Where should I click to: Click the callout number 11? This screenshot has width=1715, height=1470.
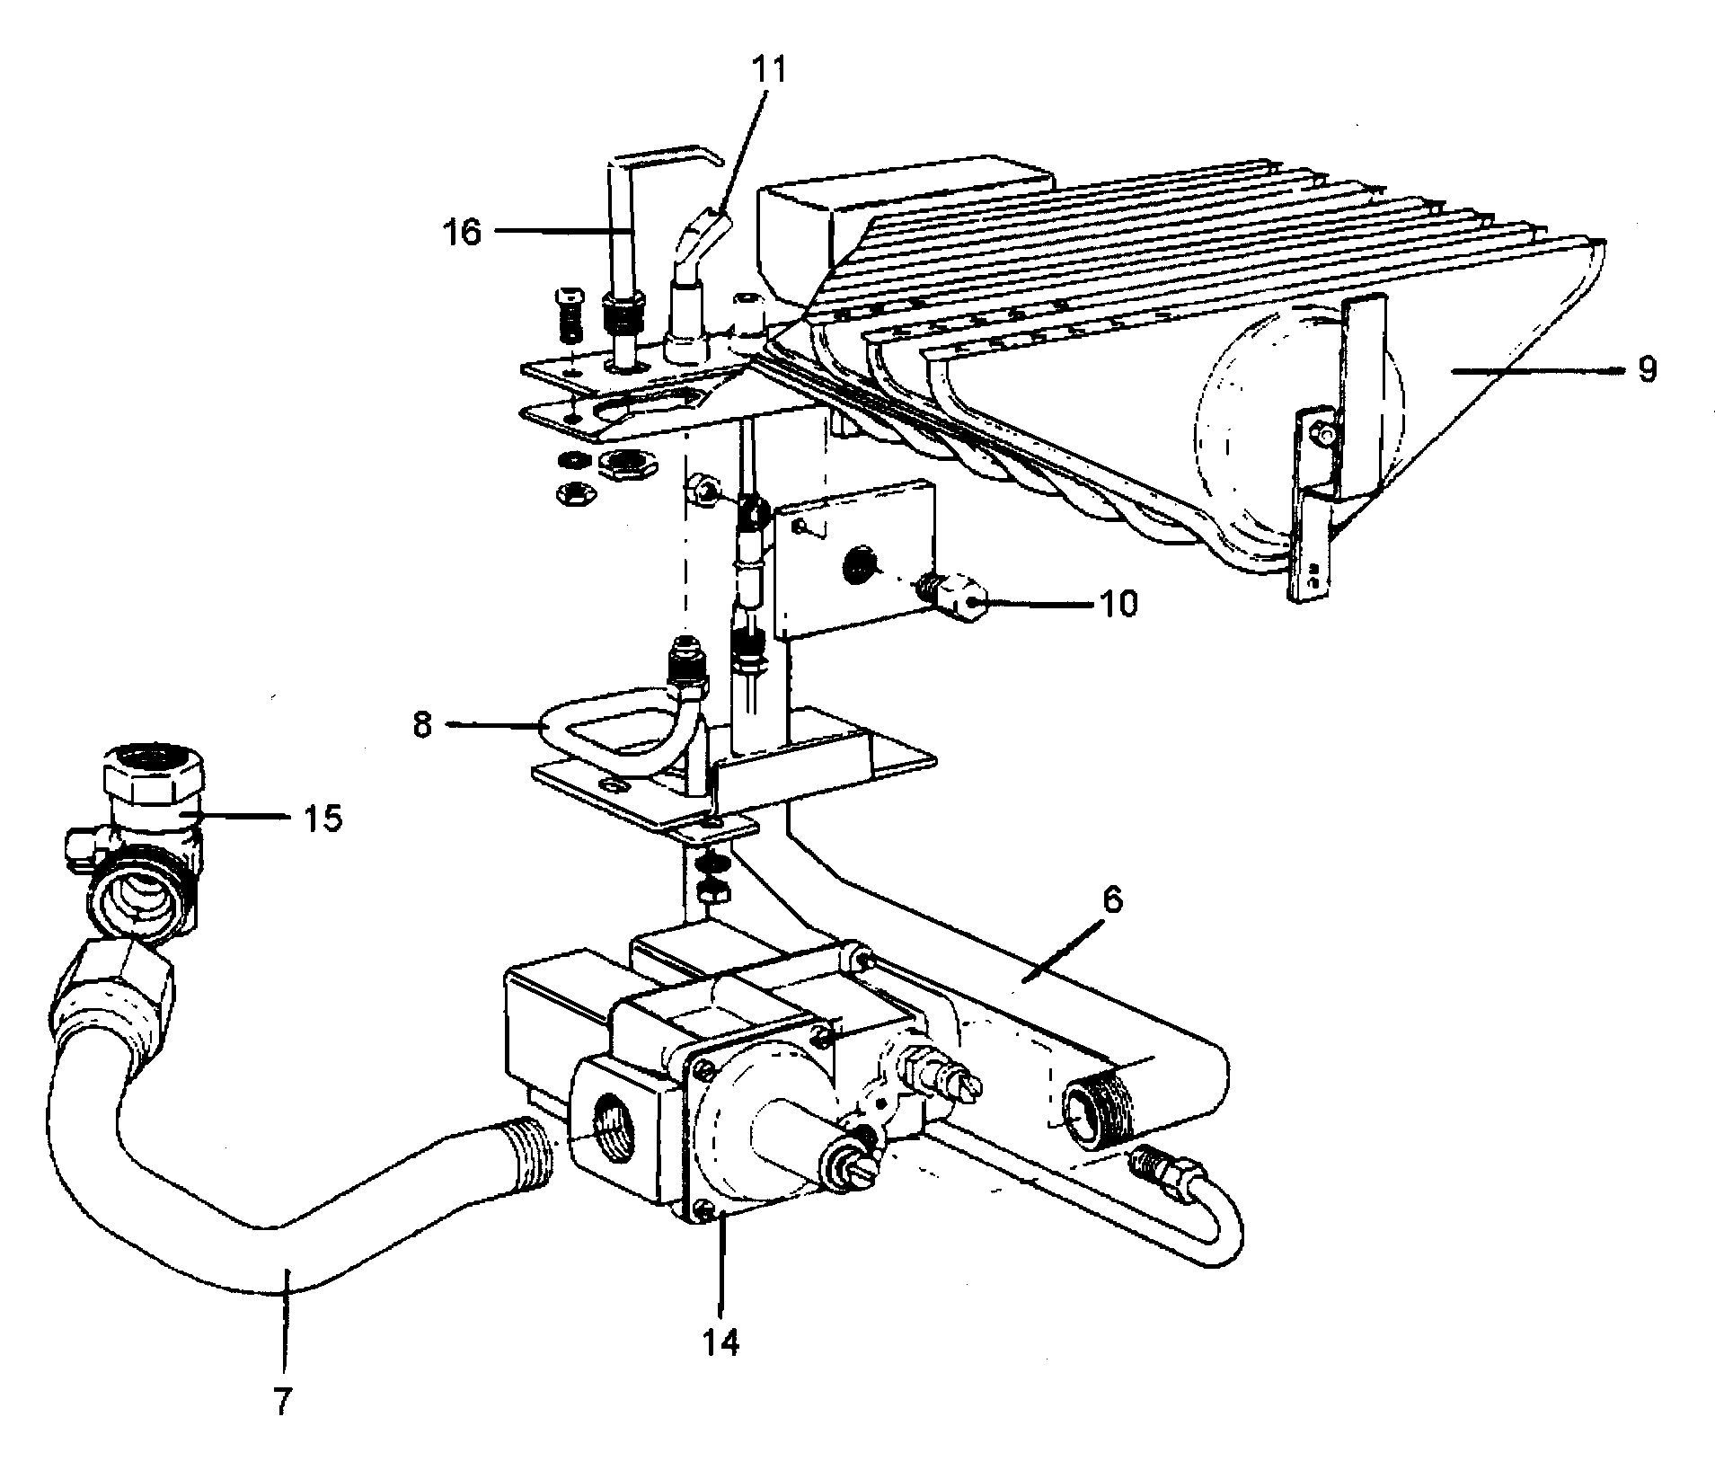(768, 70)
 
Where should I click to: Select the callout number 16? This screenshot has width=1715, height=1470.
(462, 232)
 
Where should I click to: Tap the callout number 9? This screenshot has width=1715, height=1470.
(1646, 369)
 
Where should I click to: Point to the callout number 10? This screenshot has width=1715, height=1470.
(1118, 603)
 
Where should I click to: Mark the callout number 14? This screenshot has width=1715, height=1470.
(721, 1342)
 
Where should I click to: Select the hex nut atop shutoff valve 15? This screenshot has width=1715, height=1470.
(153, 768)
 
